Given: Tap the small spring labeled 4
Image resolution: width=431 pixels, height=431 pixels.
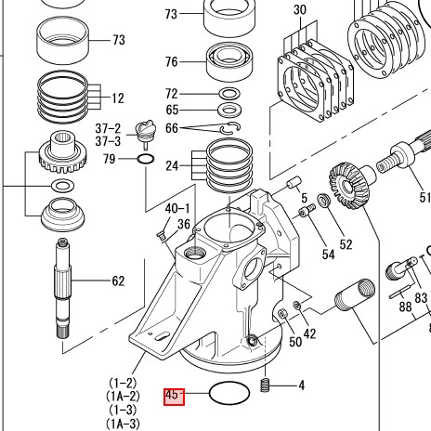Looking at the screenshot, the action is tap(265, 385).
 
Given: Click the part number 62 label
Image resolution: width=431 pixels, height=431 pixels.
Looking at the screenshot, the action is tap(118, 281).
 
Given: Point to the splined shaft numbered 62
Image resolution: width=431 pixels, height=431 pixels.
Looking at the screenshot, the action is tap(62, 288).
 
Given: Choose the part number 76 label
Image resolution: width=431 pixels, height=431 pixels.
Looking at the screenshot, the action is tap(172, 62).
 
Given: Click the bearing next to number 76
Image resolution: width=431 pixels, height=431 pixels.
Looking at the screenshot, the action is tap(229, 62).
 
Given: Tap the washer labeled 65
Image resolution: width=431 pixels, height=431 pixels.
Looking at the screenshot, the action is tap(229, 111).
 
